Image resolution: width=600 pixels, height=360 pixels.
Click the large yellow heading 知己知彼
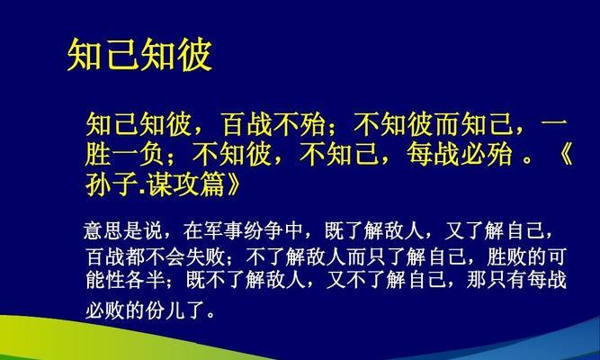[139, 54]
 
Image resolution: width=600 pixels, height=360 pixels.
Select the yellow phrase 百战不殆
[274, 124]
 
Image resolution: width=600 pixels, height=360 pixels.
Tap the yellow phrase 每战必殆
[459, 154]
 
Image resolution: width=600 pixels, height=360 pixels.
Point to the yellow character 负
[150, 154]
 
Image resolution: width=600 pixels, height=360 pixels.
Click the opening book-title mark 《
[561, 154]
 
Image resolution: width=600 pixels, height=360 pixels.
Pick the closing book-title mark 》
[232, 184]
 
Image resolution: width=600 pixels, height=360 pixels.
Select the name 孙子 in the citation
[111, 184]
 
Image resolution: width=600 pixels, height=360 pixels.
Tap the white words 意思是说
[123, 230]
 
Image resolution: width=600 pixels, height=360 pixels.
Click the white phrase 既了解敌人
[373, 230]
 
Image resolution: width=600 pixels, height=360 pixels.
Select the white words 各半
[146, 280]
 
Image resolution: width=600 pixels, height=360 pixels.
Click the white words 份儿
[166, 310]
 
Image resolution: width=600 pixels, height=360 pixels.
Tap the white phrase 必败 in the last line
[105, 310]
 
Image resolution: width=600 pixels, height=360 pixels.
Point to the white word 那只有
[497, 280]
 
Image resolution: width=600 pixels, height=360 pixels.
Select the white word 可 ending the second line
[557, 256]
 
